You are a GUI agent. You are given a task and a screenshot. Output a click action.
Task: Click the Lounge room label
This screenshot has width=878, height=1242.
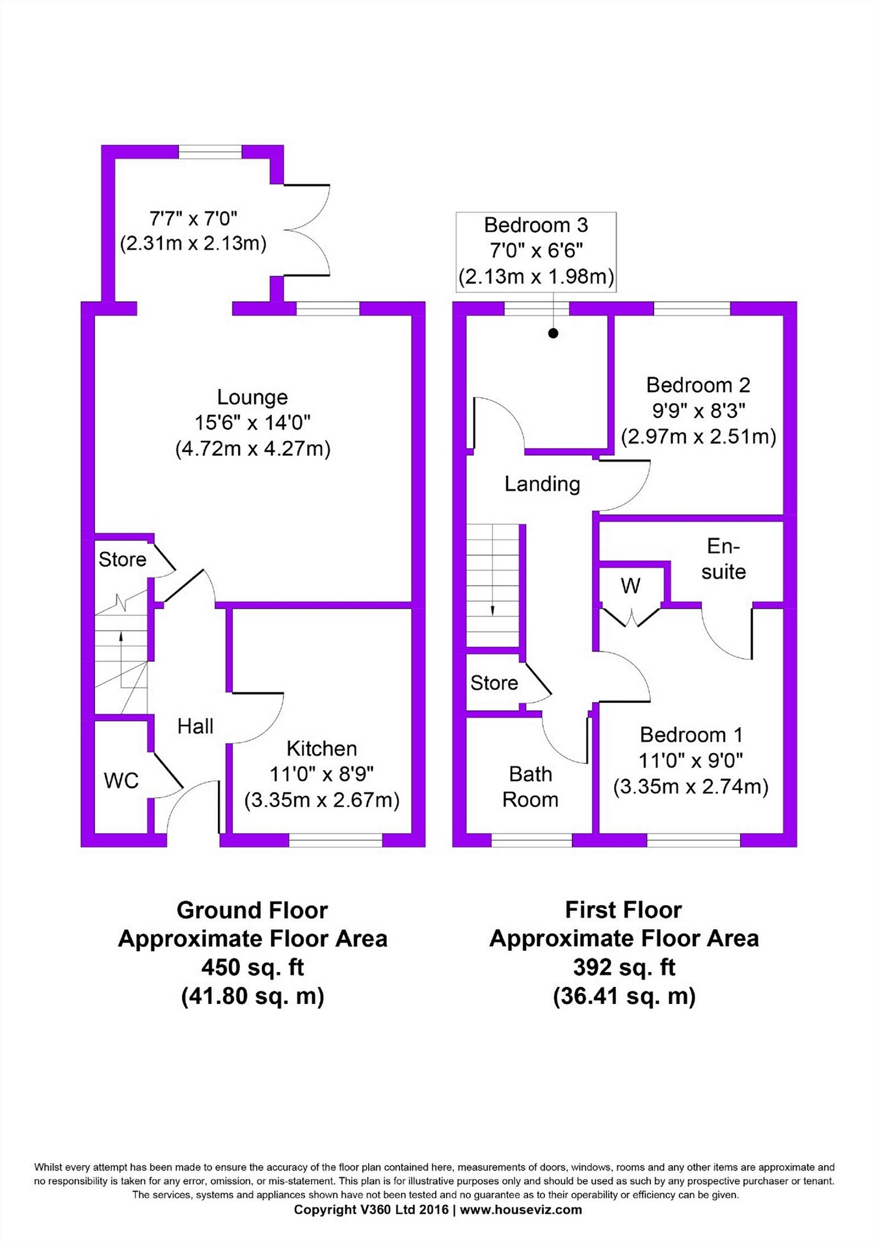[x=252, y=397]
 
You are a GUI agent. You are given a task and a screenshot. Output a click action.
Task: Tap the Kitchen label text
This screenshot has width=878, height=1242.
[x=321, y=748]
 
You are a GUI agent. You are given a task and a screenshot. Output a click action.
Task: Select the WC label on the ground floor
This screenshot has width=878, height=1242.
[x=121, y=780]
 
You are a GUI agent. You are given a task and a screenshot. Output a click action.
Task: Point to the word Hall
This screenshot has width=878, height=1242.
[x=195, y=726]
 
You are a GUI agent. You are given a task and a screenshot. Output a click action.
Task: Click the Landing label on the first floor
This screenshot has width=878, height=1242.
[x=542, y=484]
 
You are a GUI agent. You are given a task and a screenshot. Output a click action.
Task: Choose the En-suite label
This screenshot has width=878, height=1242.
[x=723, y=559]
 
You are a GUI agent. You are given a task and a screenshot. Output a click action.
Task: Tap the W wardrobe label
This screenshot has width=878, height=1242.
[x=630, y=586]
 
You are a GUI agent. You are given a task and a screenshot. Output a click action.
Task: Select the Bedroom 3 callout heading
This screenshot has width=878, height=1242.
[x=536, y=225]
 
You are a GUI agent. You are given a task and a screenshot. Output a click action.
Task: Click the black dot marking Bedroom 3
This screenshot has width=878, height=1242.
[x=553, y=334]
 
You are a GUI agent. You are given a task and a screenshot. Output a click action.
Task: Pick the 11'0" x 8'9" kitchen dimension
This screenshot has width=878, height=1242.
[x=321, y=774]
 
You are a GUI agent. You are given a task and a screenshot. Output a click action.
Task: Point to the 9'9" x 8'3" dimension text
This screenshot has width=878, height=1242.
[x=698, y=410]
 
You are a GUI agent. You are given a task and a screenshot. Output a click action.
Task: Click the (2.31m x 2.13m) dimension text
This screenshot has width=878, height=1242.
[x=193, y=244]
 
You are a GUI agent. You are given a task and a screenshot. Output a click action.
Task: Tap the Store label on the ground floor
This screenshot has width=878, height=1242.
[x=122, y=559]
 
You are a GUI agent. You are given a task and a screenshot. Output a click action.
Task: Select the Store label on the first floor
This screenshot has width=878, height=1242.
[x=494, y=683]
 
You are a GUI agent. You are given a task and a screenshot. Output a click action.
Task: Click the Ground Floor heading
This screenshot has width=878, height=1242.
[x=252, y=910]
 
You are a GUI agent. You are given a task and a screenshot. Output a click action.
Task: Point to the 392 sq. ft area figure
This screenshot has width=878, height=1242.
[x=624, y=967]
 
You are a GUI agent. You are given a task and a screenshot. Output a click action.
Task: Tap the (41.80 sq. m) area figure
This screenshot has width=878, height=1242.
[x=252, y=996]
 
